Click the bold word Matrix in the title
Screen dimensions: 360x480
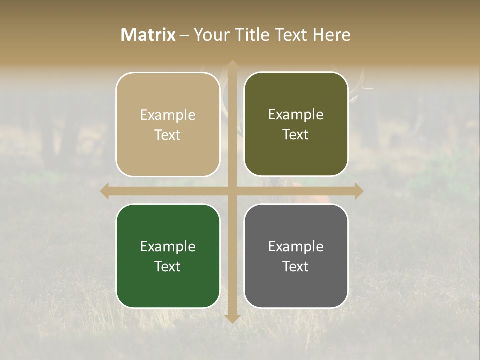click(x=148, y=35)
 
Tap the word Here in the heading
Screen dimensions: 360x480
click(x=331, y=35)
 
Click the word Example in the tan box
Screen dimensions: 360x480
click(x=168, y=115)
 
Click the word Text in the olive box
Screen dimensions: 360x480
click(x=296, y=134)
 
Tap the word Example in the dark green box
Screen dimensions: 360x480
click(x=168, y=246)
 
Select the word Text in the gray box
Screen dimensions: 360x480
click(x=296, y=266)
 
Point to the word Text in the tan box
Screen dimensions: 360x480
click(x=168, y=135)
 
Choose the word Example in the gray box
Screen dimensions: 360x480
click(x=296, y=246)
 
